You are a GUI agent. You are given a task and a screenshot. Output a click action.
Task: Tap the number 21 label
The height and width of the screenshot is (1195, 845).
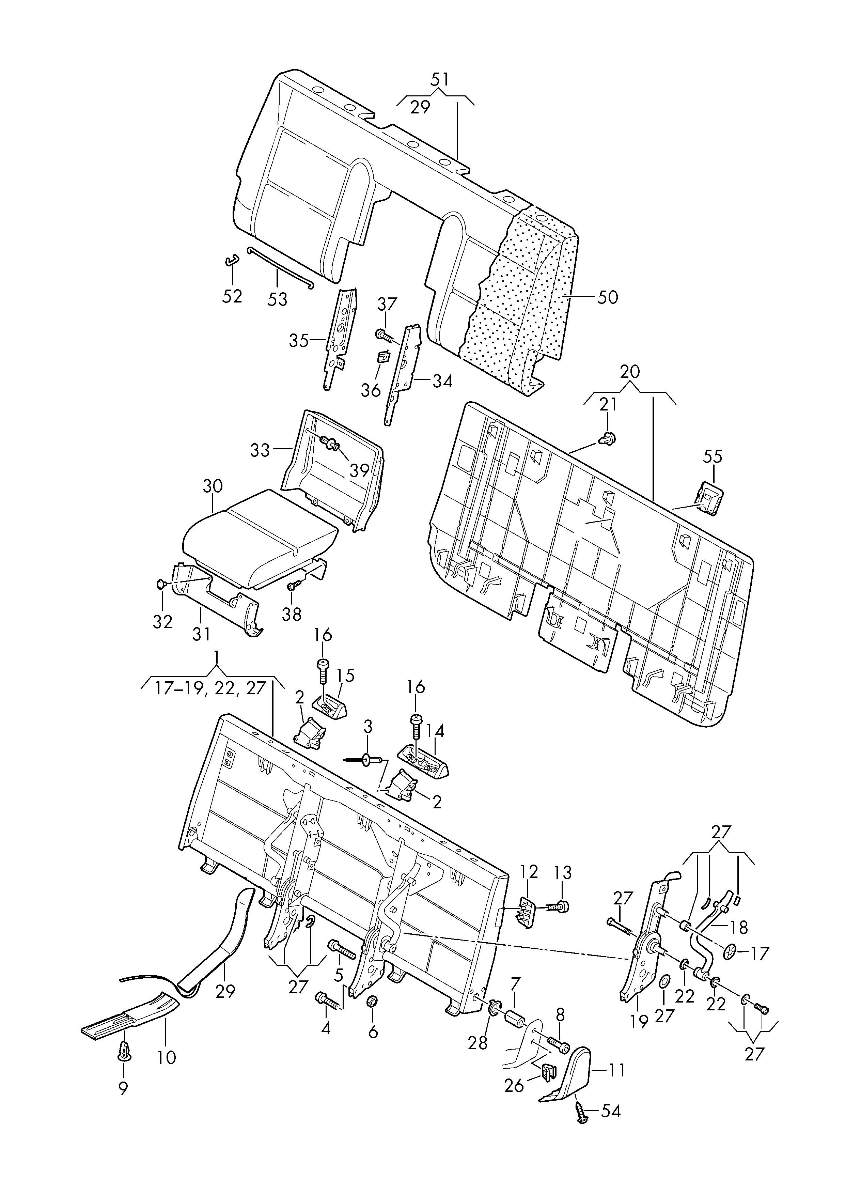(608, 404)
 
